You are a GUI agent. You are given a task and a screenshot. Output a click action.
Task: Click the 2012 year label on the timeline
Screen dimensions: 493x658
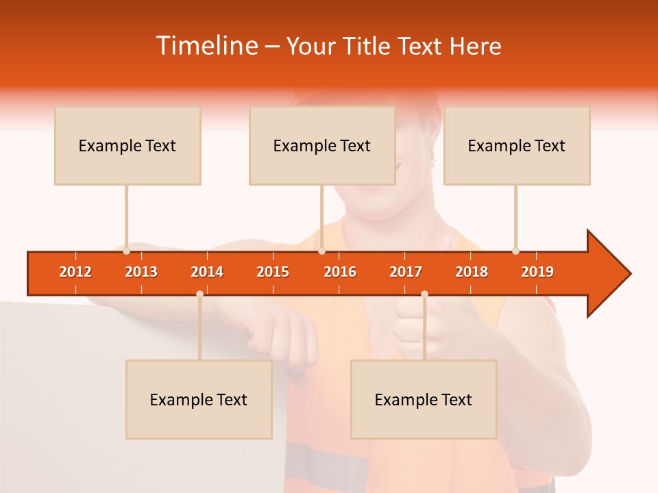[x=75, y=272]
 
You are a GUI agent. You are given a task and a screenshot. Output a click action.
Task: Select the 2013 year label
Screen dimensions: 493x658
[x=141, y=272]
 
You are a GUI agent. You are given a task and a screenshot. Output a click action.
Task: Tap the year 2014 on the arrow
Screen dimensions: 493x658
[x=207, y=272]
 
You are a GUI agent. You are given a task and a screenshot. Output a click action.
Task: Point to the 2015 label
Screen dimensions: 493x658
[x=273, y=272]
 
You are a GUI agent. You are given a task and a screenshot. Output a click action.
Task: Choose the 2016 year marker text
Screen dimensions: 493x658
[x=340, y=272]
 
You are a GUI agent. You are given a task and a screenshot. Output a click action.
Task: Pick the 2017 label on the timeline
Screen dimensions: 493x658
[x=406, y=272]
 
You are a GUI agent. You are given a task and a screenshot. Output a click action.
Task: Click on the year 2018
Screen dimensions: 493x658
[x=472, y=272]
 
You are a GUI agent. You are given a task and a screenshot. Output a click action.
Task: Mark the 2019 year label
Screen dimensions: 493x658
[x=537, y=272]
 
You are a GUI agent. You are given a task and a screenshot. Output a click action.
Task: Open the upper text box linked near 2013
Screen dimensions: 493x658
[x=127, y=145]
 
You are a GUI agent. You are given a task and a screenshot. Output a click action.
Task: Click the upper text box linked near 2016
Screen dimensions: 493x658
[x=322, y=145]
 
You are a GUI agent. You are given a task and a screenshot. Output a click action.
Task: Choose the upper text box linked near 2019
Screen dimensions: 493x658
[x=517, y=145]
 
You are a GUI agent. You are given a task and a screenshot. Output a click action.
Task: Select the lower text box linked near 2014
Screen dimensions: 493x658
[x=199, y=399]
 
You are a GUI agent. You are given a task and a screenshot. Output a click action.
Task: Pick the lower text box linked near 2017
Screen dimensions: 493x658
[x=424, y=399]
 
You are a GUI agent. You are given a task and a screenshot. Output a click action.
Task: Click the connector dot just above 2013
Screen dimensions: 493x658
[x=127, y=251]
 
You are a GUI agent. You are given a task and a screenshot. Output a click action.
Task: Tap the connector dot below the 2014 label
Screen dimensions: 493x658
[x=199, y=294]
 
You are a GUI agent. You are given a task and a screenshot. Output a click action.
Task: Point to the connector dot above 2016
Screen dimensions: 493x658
[x=321, y=251]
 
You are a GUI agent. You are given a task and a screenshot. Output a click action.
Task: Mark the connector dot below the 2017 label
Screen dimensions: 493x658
[x=424, y=294]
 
